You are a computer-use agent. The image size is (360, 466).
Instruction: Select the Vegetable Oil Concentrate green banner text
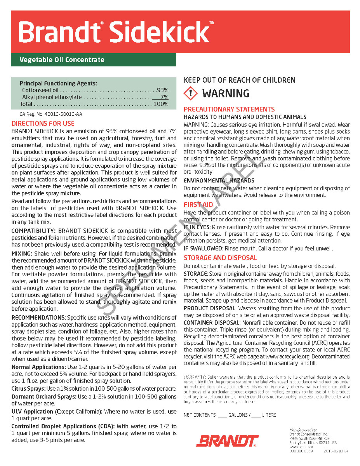pos(62,60)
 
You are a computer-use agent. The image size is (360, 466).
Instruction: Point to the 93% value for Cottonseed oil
pos(162,90)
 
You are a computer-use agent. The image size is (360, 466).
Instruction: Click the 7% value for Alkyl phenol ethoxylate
pos(164,97)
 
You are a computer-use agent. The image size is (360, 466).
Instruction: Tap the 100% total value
pos(161,104)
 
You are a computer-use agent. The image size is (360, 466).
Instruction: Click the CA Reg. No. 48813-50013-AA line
pos(51,115)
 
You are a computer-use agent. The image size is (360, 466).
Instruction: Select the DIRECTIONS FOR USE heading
pos(43,124)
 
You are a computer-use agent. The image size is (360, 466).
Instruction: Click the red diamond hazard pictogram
pos(191,94)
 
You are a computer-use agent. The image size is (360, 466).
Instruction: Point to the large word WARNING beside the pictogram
pos(226,94)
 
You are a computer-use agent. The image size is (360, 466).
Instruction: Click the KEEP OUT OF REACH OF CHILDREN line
pos(240,80)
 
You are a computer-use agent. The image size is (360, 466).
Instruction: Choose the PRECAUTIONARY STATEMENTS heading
pos(229,110)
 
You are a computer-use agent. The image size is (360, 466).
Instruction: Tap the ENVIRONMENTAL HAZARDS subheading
pos(219,181)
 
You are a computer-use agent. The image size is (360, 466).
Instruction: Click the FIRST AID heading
pos(198,205)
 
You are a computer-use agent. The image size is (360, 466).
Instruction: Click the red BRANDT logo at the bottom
pos(228,441)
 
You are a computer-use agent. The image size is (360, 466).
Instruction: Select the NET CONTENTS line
pos(230,415)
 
